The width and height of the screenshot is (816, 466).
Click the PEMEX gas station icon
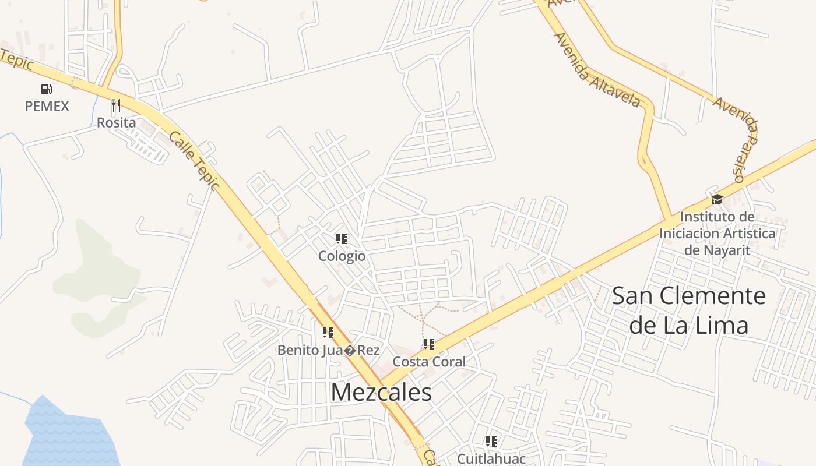click(x=47, y=89)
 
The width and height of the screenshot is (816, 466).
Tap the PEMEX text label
click(x=47, y=106)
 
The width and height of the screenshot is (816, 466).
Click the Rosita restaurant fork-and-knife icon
click(x=116, y=105)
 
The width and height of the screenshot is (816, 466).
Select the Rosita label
click(x=116, y=123)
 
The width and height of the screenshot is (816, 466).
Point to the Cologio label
click(x=342, y=256)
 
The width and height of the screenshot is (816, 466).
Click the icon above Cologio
click(x=342, y=238)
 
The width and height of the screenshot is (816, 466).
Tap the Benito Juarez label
click(x=328, y=350)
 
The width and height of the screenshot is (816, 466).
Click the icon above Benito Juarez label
click(x=328, y=333)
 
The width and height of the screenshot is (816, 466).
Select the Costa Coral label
click(x=429, y=362)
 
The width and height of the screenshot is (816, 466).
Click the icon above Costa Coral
click(x=429, y=344)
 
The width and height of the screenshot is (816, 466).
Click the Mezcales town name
click(x=381, y=392)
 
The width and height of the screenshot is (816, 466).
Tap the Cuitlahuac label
click(x=491, y=458)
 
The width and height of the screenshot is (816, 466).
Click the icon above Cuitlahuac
click(x=491, y=441)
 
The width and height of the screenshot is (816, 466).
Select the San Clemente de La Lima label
click(x=689, y=310)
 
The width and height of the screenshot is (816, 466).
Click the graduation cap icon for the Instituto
click(x=717, y=200)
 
